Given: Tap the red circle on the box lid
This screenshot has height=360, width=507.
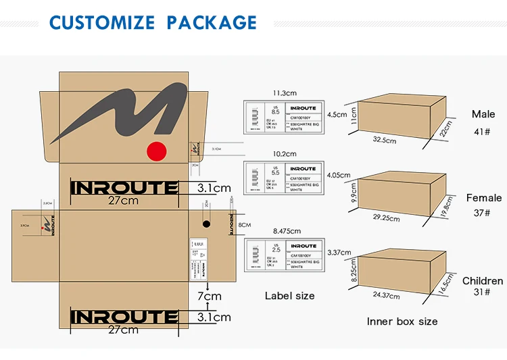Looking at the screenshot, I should tap(157, 152).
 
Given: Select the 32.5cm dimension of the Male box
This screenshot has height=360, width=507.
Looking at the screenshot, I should tap(385, 140).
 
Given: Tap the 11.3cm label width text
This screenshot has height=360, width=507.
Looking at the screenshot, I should tap(285, 93).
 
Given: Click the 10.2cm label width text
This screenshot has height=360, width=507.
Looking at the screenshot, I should tap(285, 153).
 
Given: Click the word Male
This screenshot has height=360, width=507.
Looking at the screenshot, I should tap(483, 114).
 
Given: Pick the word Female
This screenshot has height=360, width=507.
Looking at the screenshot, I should tap(483, 198).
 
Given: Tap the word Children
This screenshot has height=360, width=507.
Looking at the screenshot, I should tap(482, 280).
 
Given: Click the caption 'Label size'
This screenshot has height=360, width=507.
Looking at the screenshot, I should tap(289, 295).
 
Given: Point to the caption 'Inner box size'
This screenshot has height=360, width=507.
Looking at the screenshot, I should tap(402, 322).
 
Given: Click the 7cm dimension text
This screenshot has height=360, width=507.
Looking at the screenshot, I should tap(209, 296).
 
